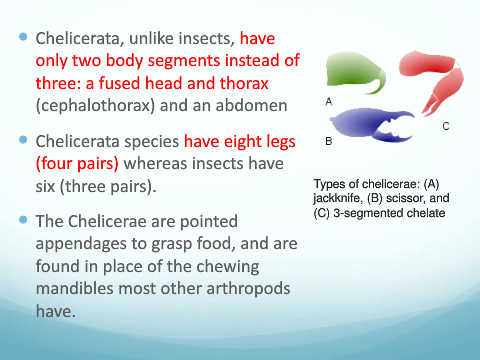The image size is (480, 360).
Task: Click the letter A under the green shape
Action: [329, 101]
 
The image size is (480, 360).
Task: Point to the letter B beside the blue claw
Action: [329, 141]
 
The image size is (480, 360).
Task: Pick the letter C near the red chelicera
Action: [446, 126]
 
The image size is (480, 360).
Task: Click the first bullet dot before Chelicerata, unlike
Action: [23, 37]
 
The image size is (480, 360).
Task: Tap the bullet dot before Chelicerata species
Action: [23, 140]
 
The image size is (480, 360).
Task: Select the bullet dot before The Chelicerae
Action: [23, 220]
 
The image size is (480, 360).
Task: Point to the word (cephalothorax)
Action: [95, 106]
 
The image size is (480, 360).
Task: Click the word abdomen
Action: [251, 105]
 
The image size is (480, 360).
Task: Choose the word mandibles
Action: [74, 288]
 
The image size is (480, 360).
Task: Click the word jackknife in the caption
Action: [337, 199]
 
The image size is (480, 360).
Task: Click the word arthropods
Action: [248, 289]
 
